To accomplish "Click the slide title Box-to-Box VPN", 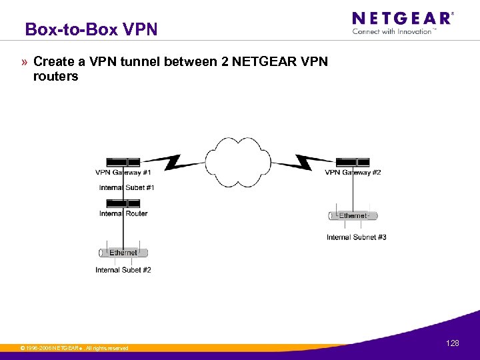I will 91,29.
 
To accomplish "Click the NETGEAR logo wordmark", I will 402,19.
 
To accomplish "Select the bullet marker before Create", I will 24,62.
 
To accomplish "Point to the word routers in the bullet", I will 55,77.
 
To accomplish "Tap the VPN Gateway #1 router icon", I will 123,162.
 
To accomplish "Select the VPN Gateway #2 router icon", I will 353,162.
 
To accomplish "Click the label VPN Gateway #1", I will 123,173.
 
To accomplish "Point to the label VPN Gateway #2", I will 353,173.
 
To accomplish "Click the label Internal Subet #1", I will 127,187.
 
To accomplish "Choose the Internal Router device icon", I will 123,203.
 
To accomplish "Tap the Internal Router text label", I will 123,213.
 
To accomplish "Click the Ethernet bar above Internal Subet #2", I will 123,253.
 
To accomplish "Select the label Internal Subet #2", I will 123,270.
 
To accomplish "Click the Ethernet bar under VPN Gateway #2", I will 353,215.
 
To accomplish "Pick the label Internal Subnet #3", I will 356,237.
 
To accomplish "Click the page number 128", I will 453,343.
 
